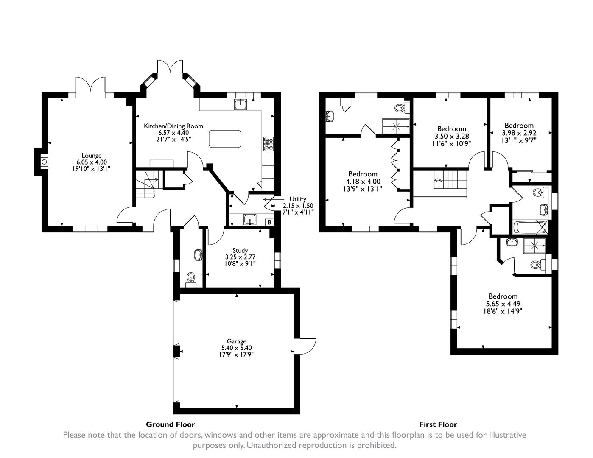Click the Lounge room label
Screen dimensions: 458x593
92,156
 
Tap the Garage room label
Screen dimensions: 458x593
236,341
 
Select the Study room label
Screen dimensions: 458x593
240,250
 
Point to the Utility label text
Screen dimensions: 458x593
298,199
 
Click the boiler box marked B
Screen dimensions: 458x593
269,222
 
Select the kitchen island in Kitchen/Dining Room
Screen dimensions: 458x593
225,139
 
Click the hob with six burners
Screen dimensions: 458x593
269,144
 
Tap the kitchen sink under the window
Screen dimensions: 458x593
241,103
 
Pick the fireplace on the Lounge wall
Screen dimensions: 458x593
44,161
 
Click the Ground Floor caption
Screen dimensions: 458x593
171,424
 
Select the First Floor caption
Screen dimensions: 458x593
438,424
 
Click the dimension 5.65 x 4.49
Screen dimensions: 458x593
503,304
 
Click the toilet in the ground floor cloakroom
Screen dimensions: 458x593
191,279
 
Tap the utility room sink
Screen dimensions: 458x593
250,219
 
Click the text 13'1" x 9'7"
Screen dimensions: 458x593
519,140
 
